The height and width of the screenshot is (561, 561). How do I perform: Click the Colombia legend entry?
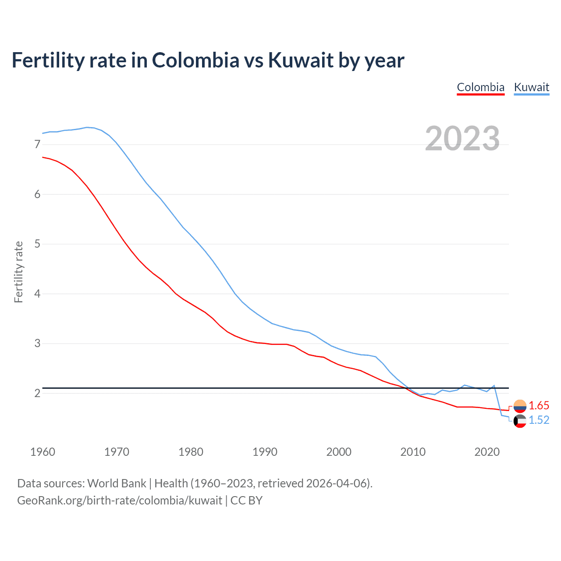(480, 87)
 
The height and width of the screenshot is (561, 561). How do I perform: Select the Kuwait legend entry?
(531, 87)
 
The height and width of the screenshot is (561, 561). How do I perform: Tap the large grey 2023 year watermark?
(462, 138)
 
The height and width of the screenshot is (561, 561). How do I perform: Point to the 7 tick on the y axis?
(37, 145)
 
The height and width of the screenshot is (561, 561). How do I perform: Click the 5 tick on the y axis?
(37, 244)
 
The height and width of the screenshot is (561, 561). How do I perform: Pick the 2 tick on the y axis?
(37, 393)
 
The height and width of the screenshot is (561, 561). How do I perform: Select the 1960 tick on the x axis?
(43, 452)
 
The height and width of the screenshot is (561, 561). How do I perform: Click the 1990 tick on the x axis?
(265, 452)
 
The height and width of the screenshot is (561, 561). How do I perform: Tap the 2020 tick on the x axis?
(487, 452)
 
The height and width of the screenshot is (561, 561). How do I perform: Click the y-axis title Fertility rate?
(18, 272)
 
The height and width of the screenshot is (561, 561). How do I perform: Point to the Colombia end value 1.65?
(539, 405)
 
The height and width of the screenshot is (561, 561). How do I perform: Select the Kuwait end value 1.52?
(539, 420)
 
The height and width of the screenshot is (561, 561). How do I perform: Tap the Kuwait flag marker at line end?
(520, 421)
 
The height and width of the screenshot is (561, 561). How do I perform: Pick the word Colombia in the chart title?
(195, 60)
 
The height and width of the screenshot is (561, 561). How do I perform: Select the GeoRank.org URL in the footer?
(119, 501)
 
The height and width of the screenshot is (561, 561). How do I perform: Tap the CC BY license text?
(246, 501)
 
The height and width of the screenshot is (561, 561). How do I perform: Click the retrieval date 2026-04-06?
(338, 483)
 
